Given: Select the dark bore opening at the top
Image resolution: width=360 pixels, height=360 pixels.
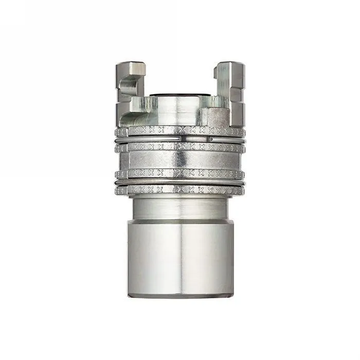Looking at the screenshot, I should (x=179, y=95).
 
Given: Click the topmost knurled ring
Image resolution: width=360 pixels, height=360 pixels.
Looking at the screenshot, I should (x=179, y=131).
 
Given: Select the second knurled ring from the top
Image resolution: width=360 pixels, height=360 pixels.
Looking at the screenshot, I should (x=179, y=147).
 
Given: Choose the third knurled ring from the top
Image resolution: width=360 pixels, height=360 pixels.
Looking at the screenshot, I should (x=179, y=173).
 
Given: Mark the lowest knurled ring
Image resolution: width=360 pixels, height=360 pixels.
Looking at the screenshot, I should (x=179, y=190).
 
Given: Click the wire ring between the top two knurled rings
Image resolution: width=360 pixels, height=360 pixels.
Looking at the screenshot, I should (x=179, y=139).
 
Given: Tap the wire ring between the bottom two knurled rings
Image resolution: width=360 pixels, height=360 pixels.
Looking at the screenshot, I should (x=179, y=182).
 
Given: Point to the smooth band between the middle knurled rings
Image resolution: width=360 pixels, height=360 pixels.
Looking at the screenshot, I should (x=179, y=160).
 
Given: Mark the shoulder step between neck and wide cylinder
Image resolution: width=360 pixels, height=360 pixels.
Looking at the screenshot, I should (x=179, y=221).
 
